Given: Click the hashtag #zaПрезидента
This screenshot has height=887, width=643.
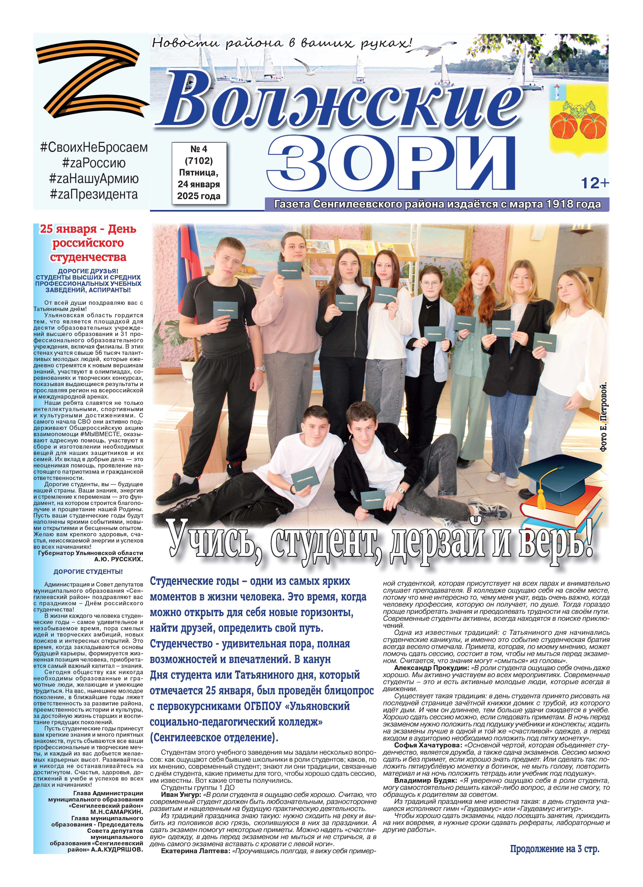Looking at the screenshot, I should point(94,194).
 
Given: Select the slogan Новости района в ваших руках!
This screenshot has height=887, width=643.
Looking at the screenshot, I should point(282,42).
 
